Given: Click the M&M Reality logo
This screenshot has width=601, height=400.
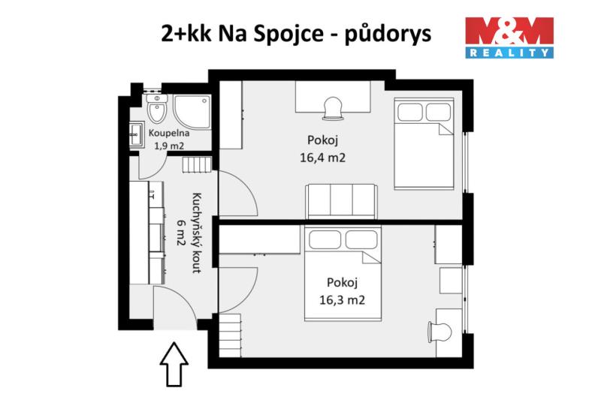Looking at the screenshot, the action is point(509,38).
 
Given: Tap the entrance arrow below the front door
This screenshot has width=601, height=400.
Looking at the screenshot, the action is point(174,364).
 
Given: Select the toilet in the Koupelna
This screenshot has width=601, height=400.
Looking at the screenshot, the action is point(156,108).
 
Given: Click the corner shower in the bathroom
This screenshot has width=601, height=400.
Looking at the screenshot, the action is point(192,112).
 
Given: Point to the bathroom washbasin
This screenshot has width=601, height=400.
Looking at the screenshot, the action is point(136,134).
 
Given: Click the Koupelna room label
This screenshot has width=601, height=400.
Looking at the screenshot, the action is point(169,133).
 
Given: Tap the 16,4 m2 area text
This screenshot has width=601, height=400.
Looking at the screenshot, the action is point(323,158).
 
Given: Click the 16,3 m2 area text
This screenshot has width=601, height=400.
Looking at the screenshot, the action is point(343,299).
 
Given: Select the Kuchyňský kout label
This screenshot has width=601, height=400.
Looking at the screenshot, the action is point(197,233).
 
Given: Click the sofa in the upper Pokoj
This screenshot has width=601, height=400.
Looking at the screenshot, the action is point(342,201).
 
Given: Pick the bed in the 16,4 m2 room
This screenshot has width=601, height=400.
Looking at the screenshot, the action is point(424,144).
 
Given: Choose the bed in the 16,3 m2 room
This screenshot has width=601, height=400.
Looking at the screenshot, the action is point(343,273).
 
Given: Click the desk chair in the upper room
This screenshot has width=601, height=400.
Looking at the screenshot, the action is point(333,108).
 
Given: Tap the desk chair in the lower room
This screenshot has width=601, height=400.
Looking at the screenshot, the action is point(439,332).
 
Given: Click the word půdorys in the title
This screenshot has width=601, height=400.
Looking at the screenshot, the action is point(388,35).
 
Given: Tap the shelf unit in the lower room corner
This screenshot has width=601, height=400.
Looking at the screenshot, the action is point(230,335).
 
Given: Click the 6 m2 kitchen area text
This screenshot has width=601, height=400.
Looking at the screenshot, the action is point(181,232).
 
